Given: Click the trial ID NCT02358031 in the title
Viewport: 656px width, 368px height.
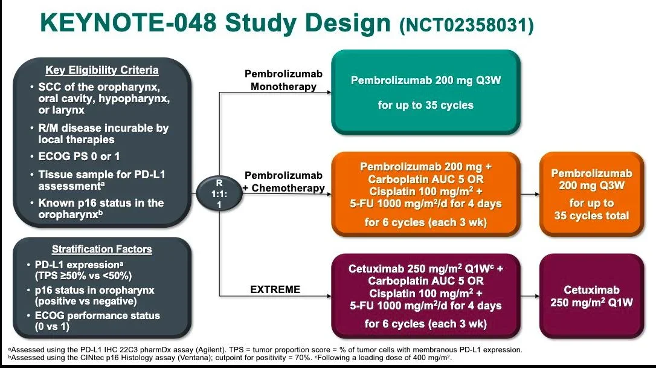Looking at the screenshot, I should tap(466, 25).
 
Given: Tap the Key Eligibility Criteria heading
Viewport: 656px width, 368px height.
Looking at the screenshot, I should tap(102, 70).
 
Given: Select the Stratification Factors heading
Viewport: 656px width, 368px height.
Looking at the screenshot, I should tap(102, 249).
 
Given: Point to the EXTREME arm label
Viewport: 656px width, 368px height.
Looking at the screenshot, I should tap(275, 289).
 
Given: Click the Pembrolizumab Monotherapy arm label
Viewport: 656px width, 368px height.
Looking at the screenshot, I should tap(283, 80).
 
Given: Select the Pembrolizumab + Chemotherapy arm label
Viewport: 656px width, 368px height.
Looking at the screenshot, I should tap(284, 181).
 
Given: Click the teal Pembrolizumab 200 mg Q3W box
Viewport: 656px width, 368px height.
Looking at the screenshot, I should tap(425, 92).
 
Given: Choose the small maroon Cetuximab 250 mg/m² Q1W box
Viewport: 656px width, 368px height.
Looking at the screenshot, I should tap(591, 296).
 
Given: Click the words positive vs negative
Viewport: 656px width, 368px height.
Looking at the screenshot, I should tap(87, 301).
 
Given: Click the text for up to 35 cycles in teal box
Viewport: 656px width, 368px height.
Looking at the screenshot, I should tap(425, 105).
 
